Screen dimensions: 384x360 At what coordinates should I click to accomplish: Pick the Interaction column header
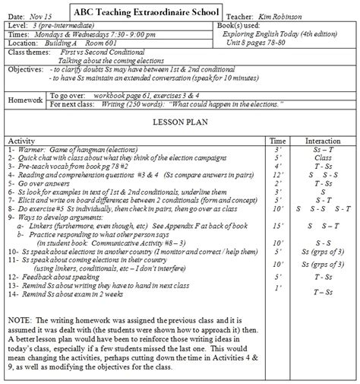coord(323,141)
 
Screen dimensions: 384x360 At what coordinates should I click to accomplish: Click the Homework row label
coord(25,100)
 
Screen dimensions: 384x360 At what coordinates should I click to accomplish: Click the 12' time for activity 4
coord(277,174)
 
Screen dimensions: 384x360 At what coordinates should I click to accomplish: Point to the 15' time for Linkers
coord(277,226)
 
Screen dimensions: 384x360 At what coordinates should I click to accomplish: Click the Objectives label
coord(25,69)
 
